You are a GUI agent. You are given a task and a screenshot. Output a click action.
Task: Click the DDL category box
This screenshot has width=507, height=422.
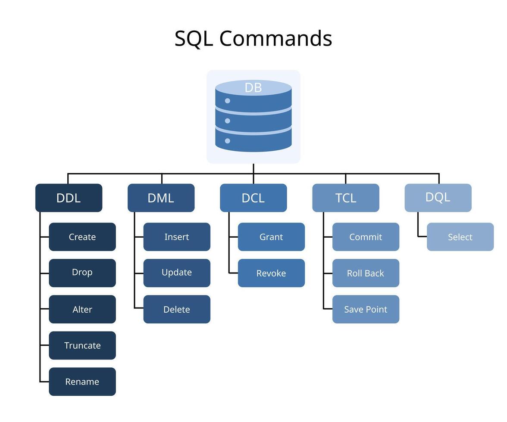point(69,198)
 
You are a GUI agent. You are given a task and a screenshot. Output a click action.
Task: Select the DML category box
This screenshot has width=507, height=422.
point(161,198)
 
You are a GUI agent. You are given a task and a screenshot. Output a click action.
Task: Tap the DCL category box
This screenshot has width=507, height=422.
point(253,198)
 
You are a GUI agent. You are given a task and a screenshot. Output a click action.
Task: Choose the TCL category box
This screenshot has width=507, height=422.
point(346,198)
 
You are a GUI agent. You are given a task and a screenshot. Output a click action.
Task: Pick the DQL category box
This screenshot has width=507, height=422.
point(438,198)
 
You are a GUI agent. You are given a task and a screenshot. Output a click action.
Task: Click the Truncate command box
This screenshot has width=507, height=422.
point(82,345)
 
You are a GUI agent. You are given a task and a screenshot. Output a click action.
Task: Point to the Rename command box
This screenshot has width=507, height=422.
point(82,382)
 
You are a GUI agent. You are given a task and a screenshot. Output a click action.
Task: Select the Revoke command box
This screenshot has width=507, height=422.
point(271,273)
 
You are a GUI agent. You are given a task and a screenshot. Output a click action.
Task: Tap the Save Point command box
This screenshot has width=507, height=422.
point(366,309)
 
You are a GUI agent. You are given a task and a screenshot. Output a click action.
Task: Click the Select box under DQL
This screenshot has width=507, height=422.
point(460,237)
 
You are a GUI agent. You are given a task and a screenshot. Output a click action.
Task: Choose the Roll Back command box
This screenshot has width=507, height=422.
point(366,273)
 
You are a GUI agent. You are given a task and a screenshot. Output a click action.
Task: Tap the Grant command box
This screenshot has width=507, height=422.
point(271,237)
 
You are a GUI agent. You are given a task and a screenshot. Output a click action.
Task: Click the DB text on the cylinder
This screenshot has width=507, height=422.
point(253,87)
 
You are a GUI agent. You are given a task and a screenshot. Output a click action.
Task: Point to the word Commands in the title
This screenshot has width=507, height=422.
point(275,38)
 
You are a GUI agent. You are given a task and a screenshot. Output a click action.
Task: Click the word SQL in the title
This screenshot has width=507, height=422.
point(194,38)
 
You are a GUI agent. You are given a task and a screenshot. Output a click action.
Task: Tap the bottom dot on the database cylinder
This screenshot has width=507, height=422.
point(228,141)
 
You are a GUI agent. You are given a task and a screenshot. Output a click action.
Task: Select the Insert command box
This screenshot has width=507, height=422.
point(177,237)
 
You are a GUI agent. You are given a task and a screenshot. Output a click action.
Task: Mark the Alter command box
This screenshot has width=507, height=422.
point(82,309)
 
